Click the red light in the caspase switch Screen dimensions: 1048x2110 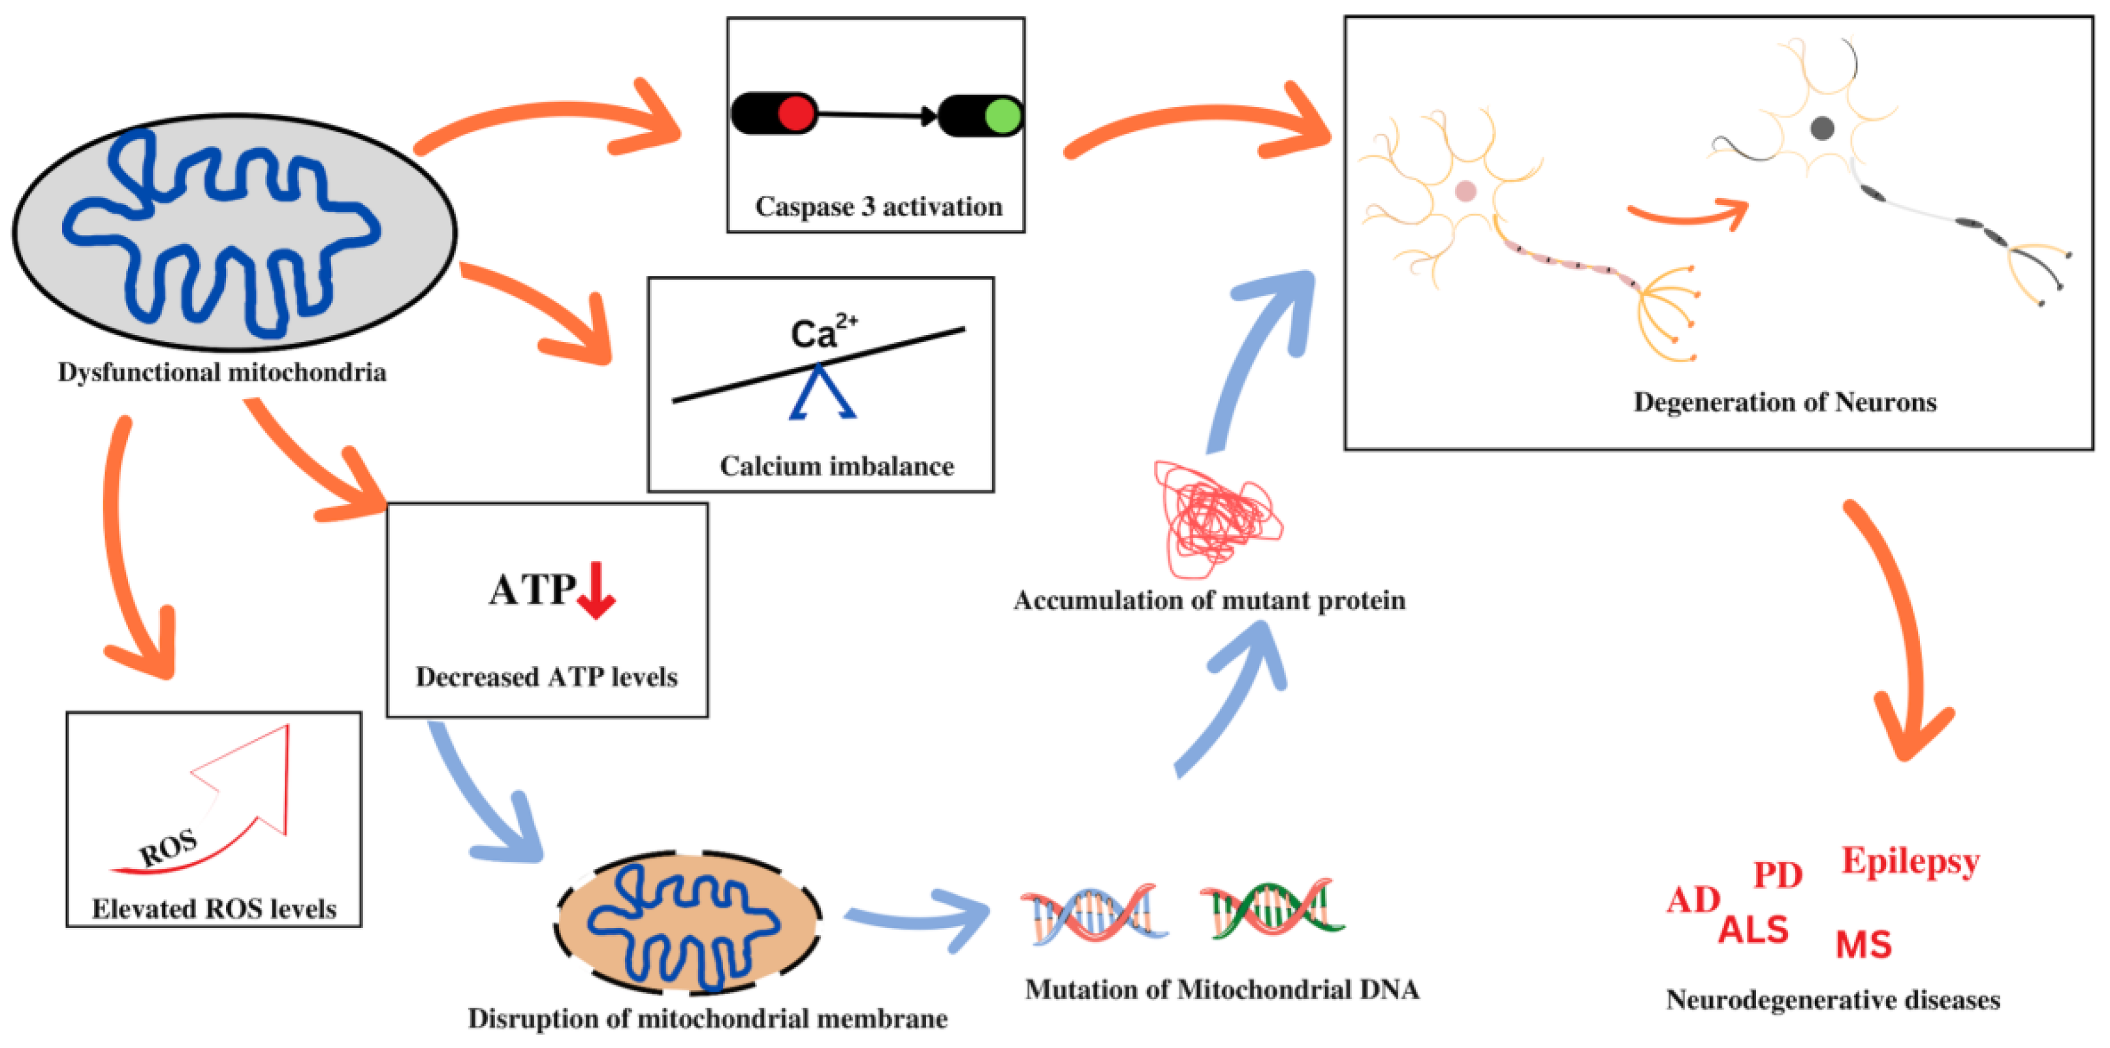[795, 114]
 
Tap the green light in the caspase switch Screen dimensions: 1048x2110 [1002, 116]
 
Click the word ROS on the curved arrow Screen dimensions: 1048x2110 [168, 848]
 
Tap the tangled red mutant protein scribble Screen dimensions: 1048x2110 [1217, 518]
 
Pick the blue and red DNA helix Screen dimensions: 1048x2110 [1093, 913]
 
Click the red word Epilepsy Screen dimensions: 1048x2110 [1910, 861]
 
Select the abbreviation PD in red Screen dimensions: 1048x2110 [1778, 875]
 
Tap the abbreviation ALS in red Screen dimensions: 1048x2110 [1753, 930]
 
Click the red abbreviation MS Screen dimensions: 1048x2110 [1863, 945]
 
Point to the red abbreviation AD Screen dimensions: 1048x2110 [1693, 900]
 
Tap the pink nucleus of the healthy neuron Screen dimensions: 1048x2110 [1465, 191]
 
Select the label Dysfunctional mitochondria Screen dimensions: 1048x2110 [221, 373]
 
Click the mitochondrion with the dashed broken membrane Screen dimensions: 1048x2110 [687, 923]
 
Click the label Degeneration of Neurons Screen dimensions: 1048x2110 [1784, 402]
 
